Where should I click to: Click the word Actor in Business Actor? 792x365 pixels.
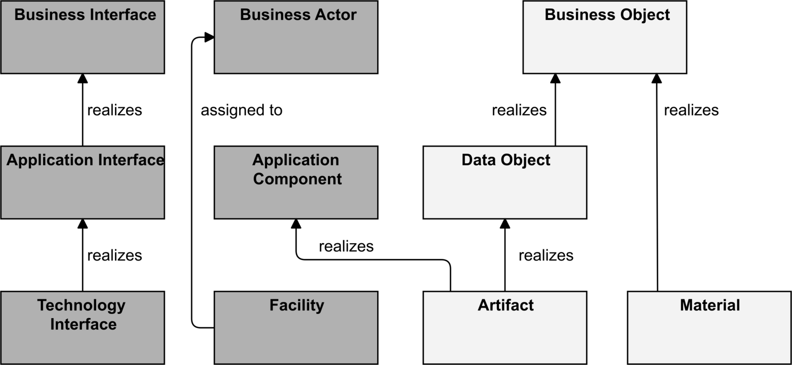(335, 15)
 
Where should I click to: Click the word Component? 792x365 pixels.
(297, 179)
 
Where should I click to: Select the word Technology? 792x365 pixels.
(81, 305)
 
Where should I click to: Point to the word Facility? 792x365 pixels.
(297, 305)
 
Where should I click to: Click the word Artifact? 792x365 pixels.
(505, 305)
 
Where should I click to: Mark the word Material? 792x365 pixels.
(710, 305)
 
